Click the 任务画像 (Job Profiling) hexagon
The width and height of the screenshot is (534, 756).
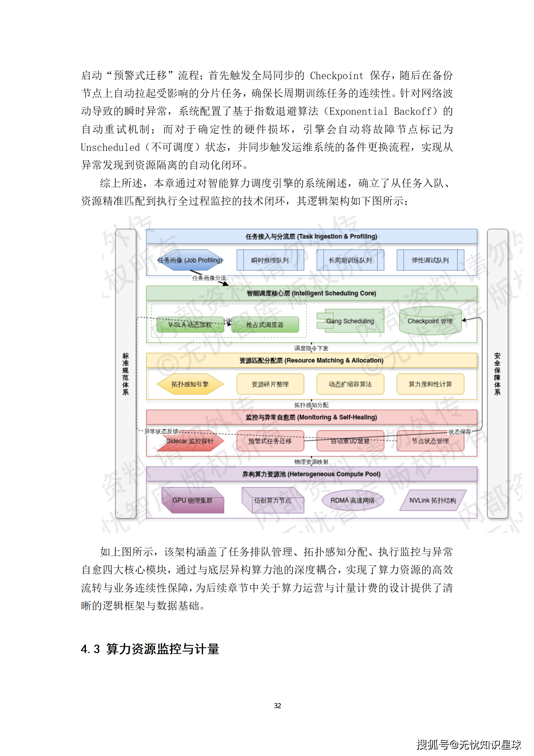click(x=190, y=260)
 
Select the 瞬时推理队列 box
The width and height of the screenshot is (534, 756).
click(x=270, y=260)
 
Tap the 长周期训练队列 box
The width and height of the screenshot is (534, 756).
click(x=350, y=260)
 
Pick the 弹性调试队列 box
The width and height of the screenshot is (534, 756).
click(x=430, y=260)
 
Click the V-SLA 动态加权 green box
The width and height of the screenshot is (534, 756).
click(x=190, y=325)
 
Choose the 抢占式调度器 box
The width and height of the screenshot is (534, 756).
click(x=265, y=325)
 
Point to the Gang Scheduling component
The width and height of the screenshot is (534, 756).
click(x=351, y=321)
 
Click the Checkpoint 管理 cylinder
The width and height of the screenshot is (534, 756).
click(x=430, y=321)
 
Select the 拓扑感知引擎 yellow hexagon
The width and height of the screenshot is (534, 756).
click(x=190, y=384)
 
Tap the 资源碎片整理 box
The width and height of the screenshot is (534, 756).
click(x=270, y=384)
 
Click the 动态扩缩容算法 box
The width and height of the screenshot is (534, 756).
click(x=350, y=384)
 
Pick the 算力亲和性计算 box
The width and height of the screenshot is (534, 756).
click(x=430, y=384)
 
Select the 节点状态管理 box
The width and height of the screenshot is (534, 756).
click(x=430, y=441)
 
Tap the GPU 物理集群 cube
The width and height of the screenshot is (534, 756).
click(x=192, y=500)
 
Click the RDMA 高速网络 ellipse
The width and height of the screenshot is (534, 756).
click(x=352, y=500)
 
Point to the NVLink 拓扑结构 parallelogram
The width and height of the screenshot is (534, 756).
click(x=433, y=500)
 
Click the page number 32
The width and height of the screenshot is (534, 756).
click(x=277, y=705)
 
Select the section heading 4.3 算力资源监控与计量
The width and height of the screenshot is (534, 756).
click(x=150, y=649)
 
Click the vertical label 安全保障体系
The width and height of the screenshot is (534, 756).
click(x=497, y=374)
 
